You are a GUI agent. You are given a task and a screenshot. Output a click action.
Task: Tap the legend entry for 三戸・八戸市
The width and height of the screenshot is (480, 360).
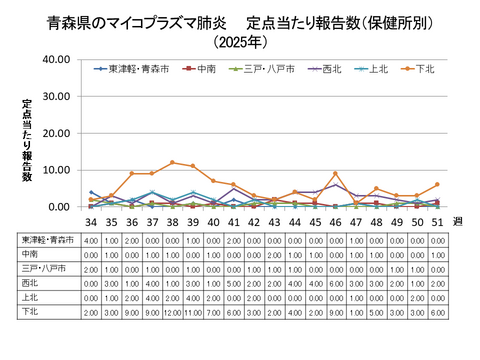[264, 69]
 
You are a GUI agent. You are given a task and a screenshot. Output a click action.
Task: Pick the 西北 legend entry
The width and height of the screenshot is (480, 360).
[331, 69]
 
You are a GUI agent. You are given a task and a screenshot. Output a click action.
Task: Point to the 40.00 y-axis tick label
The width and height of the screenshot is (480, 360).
[53, 59]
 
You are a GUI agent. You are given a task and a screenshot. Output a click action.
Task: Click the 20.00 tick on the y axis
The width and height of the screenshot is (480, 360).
[53, 133]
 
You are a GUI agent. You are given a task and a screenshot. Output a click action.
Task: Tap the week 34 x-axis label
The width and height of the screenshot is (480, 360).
[90, 220]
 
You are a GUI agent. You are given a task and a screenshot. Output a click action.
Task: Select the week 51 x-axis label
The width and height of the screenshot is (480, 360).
[437, 220]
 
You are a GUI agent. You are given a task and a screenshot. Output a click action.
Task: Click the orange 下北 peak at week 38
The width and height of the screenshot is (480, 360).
[172, 162]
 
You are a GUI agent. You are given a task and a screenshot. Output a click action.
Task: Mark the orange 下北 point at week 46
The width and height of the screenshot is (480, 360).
[335, 174]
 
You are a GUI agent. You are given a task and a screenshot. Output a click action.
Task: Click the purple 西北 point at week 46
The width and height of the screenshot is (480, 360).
[335, 185]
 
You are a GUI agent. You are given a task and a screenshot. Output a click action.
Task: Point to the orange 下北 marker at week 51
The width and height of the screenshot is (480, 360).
[437, 185]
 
